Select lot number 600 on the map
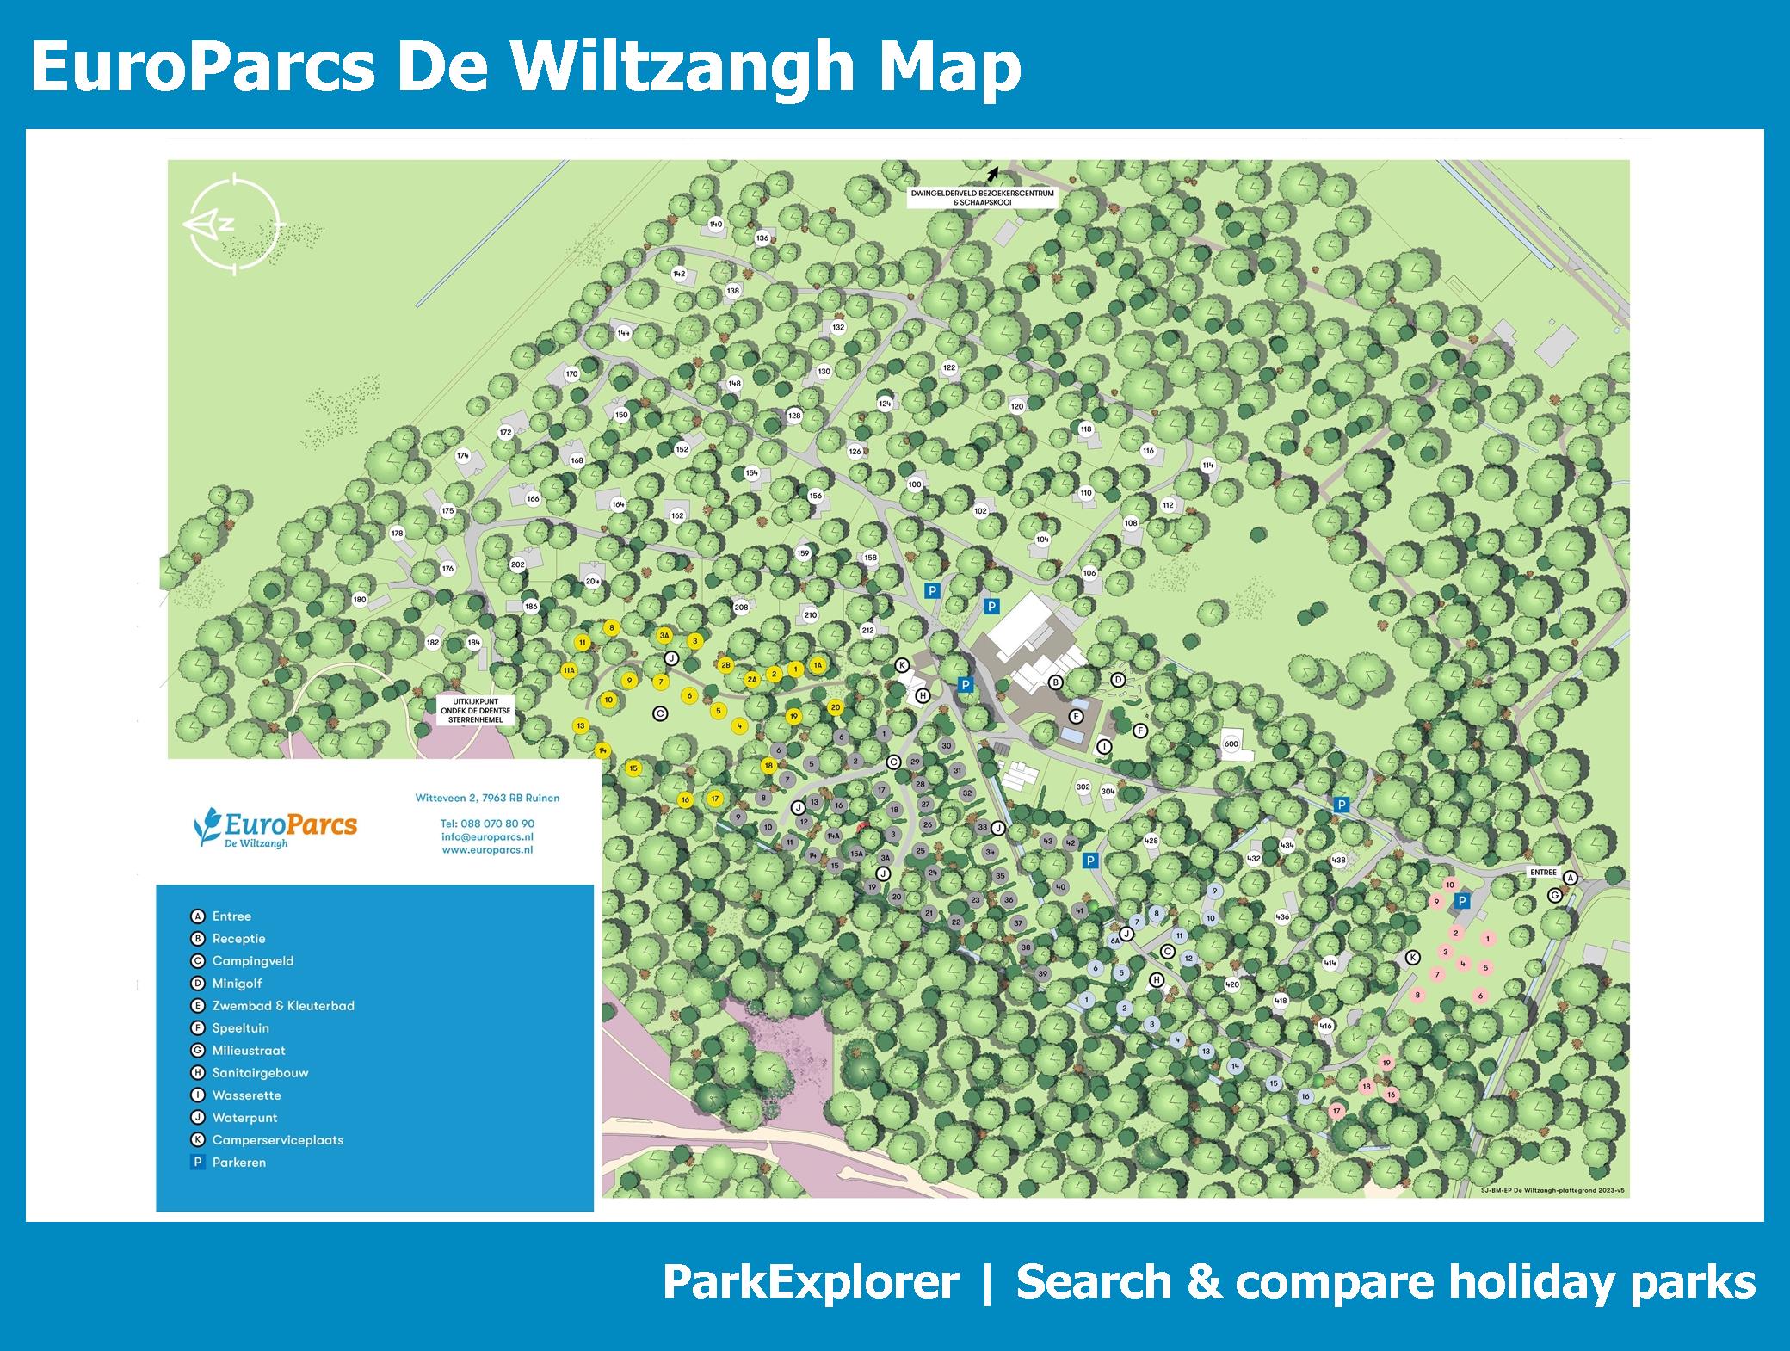click(1231, 744)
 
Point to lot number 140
click(715, 225)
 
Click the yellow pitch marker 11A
click(569, 670)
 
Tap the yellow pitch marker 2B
click(725, 665)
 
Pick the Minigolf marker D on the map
click(1118, 680)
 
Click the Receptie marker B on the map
click(1055, 682)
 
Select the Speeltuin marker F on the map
click(1141, 731)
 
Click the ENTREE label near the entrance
click(1543, 872)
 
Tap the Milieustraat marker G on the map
click(1554, 895)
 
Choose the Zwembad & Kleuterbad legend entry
click(282, 1005)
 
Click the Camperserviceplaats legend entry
click(277, 1140)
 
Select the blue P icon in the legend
click(198, 1163)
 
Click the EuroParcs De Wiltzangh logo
click(275, 827)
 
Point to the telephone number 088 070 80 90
click(487, 824)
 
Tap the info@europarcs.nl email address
click(487, 836)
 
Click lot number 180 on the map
click(360, 600)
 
